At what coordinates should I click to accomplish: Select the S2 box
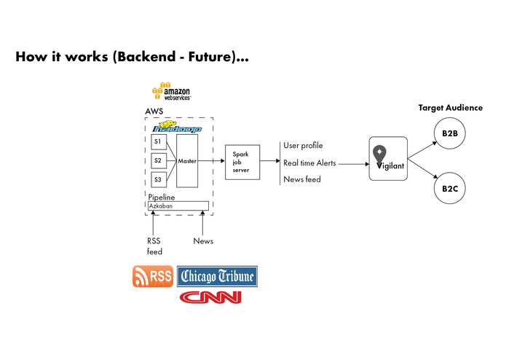click(157, 160)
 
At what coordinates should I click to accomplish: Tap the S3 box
click(157, 179)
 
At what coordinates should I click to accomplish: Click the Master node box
click(187, 160)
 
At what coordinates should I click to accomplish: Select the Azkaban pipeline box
click(178, 206)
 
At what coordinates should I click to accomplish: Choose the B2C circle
click(449, 188)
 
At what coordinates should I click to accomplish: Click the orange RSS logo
click(152, 277)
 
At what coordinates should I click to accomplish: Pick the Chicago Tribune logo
click(217, 276)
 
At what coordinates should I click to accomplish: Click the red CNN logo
click(210, 297)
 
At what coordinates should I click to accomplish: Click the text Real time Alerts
click(309, 163)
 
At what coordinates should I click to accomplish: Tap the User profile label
click(303, 146)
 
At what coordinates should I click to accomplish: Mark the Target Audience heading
click(450, 108)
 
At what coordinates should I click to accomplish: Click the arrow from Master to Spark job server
click(211, 160)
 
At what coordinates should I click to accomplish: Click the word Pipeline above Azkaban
click(162, 197)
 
